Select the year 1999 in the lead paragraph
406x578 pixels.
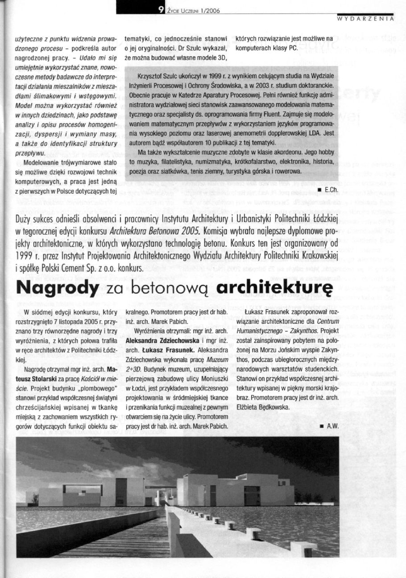(25, 256)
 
